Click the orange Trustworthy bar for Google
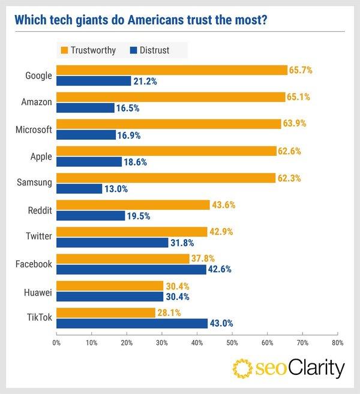click(x=172, y=71)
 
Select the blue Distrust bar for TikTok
click(x=131, y=323)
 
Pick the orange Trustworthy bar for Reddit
click(x=133, y=205)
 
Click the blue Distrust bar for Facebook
click(x=131, y=269)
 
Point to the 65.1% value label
click(x=298, y=97)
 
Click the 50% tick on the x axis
click(x=232, y=344)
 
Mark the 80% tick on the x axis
click(x=337, y=344)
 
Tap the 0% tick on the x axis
click(x=56, y=344)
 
